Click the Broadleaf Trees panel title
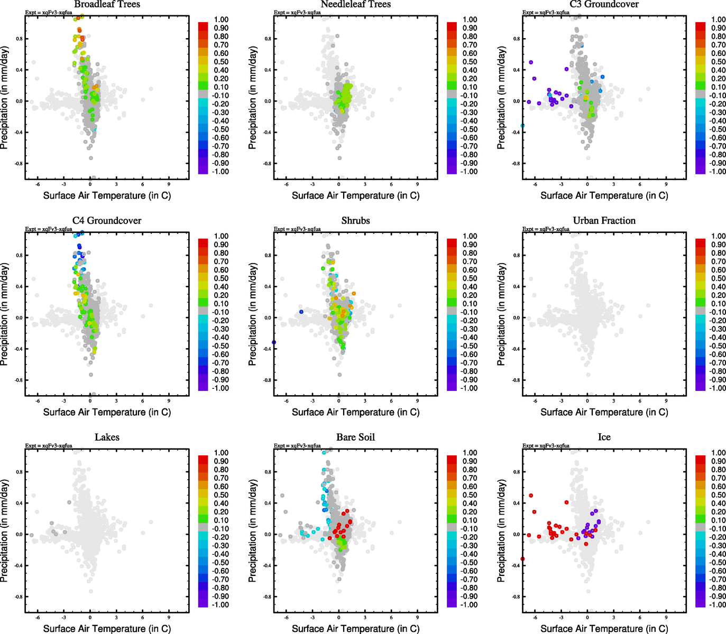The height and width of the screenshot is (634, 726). coord(107,4)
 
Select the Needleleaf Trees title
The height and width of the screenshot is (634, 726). coord(355,4)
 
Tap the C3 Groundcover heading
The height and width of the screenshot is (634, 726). coord(604,4)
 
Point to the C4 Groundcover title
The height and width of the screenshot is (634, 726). coord(107,221)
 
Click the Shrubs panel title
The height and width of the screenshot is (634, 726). coord(355,221)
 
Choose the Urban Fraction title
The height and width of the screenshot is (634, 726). coord(604,221)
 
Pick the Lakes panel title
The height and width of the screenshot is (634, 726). coord(107,437)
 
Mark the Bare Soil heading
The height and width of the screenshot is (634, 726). coord(355,437)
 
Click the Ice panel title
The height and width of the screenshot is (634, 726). coord(604,437)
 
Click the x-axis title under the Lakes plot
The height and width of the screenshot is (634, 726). coord(107,629)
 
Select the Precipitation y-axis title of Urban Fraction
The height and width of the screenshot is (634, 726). coord(501,314)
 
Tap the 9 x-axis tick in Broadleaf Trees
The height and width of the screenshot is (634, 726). coord(169,184)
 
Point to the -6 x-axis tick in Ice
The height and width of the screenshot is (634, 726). coord(535,618)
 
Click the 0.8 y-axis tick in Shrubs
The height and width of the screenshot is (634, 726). coord(268,255)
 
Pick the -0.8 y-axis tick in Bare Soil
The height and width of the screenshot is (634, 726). coord(267,597)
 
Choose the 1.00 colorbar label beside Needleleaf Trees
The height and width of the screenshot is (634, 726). coord(470,20)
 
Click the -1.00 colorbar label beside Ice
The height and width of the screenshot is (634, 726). coord(718,605)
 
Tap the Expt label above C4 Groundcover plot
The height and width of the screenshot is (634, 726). coord(49,229)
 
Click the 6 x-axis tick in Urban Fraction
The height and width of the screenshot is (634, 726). coord(640,401)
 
